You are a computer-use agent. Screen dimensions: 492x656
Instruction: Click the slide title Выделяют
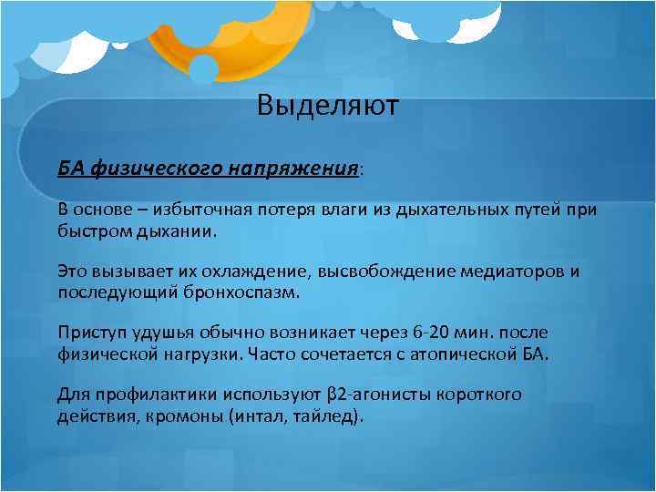(327, 107)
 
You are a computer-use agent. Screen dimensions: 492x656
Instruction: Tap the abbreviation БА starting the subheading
(70, 169)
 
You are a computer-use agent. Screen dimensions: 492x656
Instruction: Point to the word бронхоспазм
(250, 293)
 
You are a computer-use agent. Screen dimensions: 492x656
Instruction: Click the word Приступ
(87, 334)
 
